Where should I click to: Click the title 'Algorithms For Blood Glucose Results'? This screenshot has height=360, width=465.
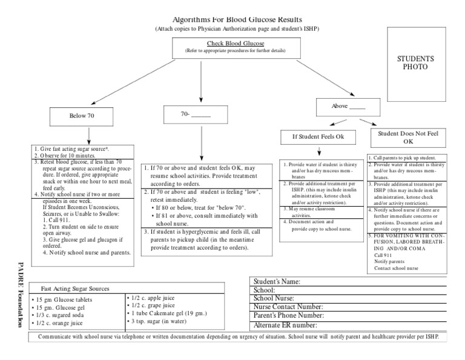pyautogui.click(x=232, y=19)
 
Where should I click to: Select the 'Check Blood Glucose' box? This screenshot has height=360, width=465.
pyautogui.click(x=233, y=48)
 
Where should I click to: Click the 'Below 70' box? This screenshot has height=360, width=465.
pyautogui.click(x=81, y=115)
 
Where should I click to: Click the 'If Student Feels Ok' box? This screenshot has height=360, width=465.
pyautogui.click(x=318, y=137)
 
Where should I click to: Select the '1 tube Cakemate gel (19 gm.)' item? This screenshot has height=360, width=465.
pyautogui.click(x=170, y=314)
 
